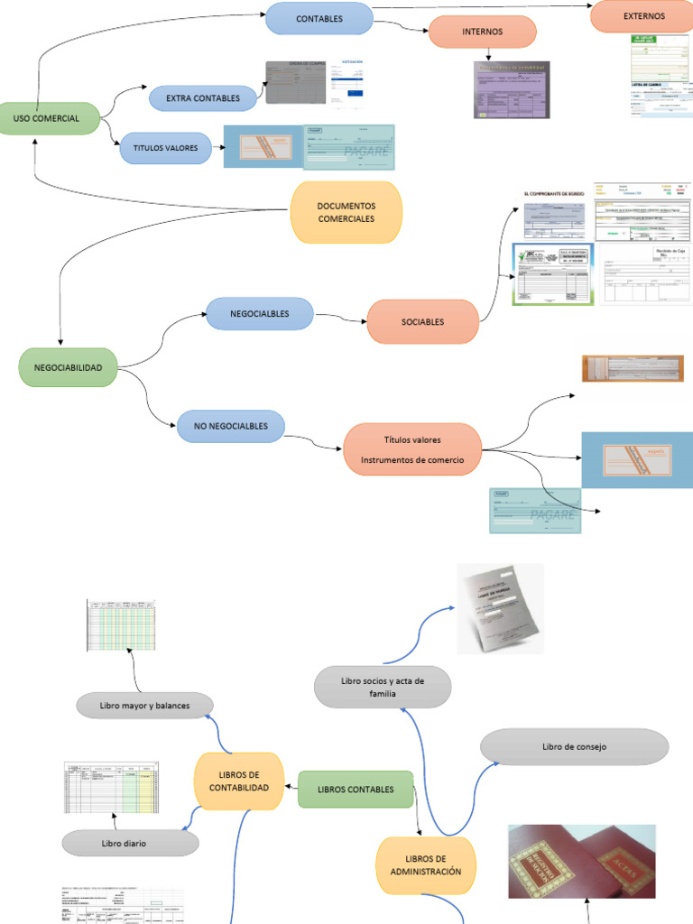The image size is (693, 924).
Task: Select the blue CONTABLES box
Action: pyautogui.click(x=319, y=18)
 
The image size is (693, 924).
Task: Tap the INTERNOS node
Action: pyautogui.click(x=482, y=32)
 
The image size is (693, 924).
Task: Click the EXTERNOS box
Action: pyautogui.click(x=643, y=16)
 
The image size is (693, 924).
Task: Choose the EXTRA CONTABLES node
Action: pyautogui.click(x=203, y=97)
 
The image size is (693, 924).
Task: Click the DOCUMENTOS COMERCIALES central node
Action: pyautogui.click(x=346, y=212)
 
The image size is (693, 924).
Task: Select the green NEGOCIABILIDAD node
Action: pyautogui.click(x=68, y=367)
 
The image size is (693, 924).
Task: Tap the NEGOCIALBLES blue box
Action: pyautogui.click(x=259, y=313)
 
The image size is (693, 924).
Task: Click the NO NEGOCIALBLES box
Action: pyautogui.click(x=230, y=426)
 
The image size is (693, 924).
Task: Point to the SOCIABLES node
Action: pyautogui.click(x=422, y=321)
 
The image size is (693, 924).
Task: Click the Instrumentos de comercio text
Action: pyautogui.click(x=412, y=460)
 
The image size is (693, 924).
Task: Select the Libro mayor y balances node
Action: pyautogui.click(x=144, y=706)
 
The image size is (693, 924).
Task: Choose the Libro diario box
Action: pyautogui.click(x=130, y=843)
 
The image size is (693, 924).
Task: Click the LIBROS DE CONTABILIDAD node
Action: pyautogui.click(x=239, y=781)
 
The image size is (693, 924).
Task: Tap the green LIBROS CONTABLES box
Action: pyautogui.click(x=356, y=789)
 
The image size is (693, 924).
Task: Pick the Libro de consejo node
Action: pyautogui.click(x=574, y=746)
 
